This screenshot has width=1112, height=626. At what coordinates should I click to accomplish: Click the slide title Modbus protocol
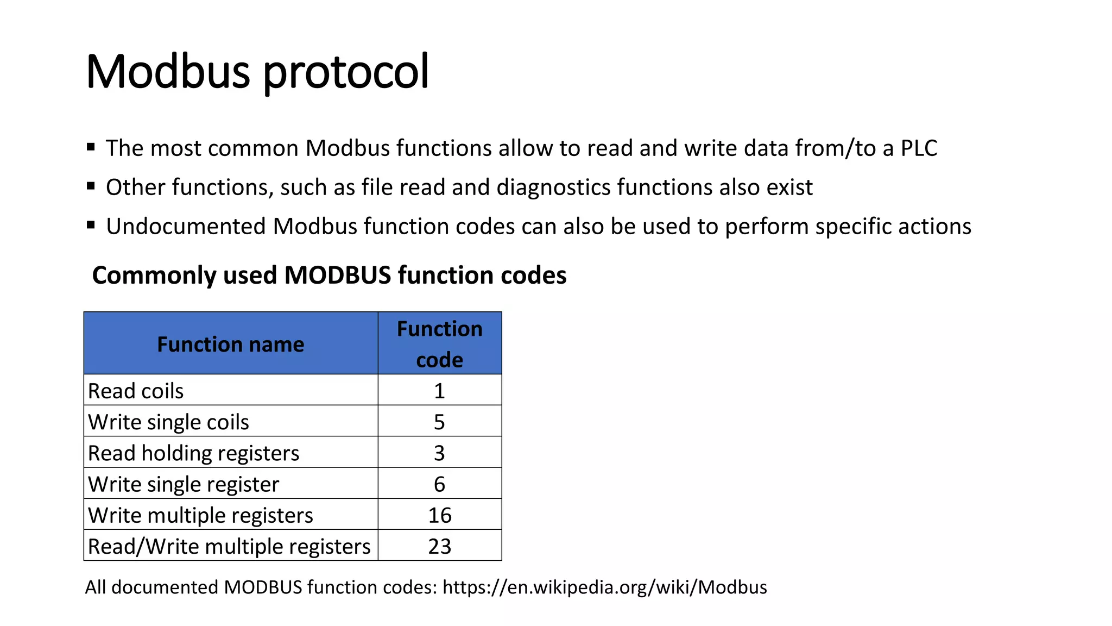coord(257,72)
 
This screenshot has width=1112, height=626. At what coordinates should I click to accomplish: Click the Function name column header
coord(231,345)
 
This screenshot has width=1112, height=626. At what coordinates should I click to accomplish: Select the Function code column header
coord(439,344)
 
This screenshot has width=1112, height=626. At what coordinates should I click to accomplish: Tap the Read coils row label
coord(136,391)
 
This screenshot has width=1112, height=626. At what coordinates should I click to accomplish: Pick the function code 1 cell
coord(439,391)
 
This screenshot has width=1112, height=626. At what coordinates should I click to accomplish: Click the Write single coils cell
coord(168,422)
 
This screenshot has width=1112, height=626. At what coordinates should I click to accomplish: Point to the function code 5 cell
coord(439,422)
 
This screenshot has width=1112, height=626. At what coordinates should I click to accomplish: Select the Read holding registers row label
coord(193,453)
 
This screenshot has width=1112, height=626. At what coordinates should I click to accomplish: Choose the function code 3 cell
coord(439,453)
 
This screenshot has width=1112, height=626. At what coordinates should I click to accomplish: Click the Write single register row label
coord(184,484)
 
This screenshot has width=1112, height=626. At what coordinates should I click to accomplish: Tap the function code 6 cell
coord(439,484)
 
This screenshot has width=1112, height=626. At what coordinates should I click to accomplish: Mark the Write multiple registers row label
coord(200,515)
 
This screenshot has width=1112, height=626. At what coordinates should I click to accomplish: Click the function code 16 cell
coord(439,515)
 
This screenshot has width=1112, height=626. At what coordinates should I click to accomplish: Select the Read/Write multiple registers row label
coord(229,546)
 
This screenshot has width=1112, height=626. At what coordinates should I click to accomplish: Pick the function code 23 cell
coord(439,546)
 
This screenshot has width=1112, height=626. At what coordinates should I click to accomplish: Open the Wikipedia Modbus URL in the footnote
coord(604,587)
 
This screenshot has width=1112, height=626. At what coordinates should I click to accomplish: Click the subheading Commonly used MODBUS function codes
coord(329,276)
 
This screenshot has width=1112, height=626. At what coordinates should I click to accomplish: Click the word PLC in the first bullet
coord(919,148)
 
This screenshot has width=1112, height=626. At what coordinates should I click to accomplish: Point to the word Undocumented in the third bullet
coord(186,227)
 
